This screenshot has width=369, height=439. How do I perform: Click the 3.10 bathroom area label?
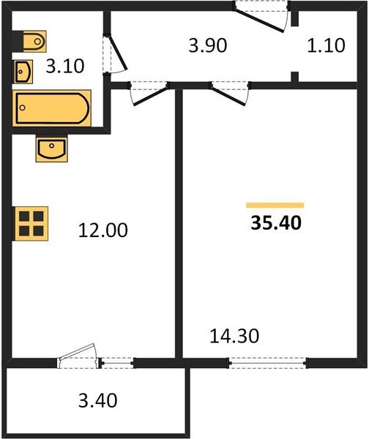pos(65,67)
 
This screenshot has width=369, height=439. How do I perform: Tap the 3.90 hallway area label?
pos(208,45)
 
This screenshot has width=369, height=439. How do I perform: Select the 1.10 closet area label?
pos(326,45)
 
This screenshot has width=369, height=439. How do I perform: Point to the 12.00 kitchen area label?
pos(102,230)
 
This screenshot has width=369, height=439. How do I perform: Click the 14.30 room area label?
pos(234,336)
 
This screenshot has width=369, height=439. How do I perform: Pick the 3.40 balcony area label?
pos(98,400)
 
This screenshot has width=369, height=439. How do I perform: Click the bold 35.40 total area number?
pos(276,223)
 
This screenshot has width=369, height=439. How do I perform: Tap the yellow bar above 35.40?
pos(275,206)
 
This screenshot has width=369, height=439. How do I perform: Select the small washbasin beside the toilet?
pos(23,72)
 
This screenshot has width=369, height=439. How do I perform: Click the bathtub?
pos(52,108)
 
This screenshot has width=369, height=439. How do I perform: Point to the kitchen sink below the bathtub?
pos(51,149)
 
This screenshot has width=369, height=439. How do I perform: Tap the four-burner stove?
pos(31,223)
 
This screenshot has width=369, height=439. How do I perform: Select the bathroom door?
pos(115,53)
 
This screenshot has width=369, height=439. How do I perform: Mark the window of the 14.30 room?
pos(269,363)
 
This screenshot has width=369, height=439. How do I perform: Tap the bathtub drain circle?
pos(23,108)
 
